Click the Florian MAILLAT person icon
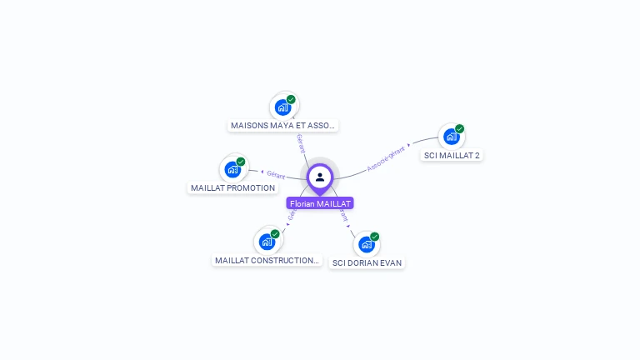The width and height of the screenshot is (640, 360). tap(320, 177)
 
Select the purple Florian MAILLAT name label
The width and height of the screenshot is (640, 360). tap(320, 203)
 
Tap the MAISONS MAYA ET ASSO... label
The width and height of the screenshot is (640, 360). tap(282, 126)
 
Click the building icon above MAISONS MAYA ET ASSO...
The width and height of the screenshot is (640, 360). tap(283, 107)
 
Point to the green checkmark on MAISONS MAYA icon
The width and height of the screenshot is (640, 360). tap(291, 99)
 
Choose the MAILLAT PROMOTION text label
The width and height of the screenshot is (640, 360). tap(232, 188)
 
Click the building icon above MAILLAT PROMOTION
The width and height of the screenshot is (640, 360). tap(232, 170)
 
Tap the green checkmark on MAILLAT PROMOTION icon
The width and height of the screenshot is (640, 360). tap(241, 162)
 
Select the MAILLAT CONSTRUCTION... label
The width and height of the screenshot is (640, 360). tap(267, 261)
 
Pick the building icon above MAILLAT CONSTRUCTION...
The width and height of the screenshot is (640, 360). tap(267, 242)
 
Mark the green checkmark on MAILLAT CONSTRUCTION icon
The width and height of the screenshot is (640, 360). tap(275, 234)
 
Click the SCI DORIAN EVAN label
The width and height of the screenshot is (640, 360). tap(367, 263)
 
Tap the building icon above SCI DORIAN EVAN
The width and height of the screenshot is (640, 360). tap(366, 244)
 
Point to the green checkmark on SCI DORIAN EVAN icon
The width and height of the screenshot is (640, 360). tap(375, 237)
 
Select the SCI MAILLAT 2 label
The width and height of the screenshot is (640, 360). tap(452, 156)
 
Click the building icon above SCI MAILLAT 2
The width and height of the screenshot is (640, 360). tap(451, 137)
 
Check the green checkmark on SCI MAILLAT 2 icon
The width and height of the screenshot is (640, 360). tap(459, 129)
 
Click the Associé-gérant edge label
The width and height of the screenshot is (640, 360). tap(386, 157)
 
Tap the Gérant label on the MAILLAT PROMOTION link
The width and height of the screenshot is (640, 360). tap(276, 175)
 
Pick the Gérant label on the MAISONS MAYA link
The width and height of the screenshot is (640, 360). tap(300, 143)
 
